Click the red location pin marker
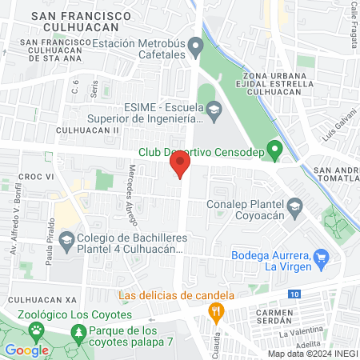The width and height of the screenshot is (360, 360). [180, 166]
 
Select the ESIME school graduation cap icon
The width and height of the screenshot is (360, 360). [214, 109]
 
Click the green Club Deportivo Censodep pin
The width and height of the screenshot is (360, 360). [274, 149]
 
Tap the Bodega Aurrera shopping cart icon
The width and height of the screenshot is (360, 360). [322, 257]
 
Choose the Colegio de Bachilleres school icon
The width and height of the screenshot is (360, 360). [66, 238]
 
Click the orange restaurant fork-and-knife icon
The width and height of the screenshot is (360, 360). [215, 310]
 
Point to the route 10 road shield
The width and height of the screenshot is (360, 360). [295, 294]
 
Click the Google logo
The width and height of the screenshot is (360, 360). [27, 350]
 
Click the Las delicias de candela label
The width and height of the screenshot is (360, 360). [175, 294]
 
